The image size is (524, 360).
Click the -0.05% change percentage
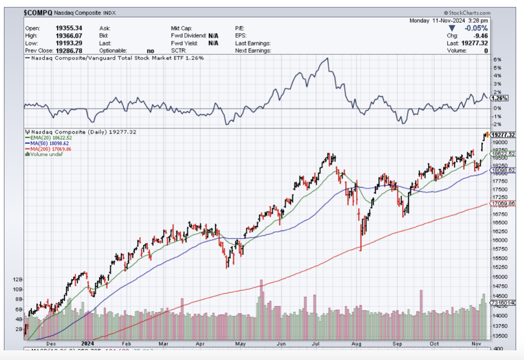point(475,28)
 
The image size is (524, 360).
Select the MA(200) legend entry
point(49,149)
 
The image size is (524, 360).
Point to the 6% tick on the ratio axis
point(497,60)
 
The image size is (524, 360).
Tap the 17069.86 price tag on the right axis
point(503,203)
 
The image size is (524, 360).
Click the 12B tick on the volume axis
point(18,280)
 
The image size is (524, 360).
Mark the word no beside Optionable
point(150,50)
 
